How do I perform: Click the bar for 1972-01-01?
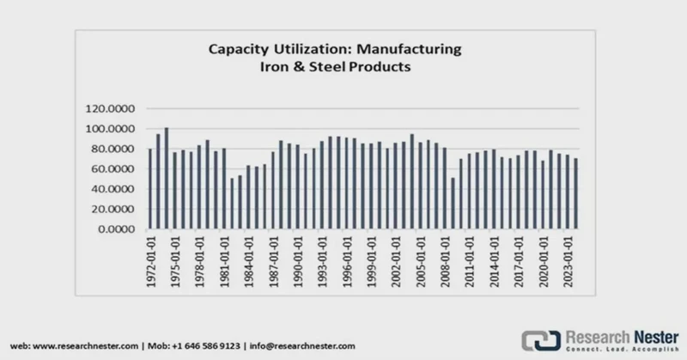click(x=150, y=189)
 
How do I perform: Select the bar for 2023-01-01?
click(x=575, y=194)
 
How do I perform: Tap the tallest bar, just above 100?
click(x=167, y=179)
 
